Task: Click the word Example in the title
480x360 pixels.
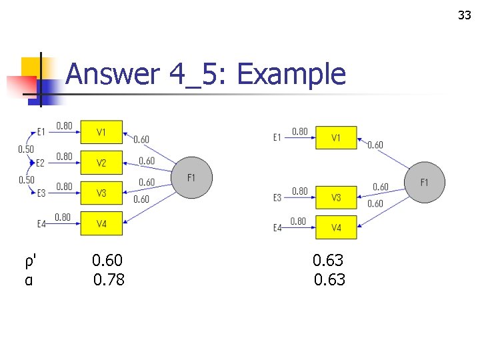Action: [291, 75]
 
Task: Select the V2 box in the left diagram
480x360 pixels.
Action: [101, 163]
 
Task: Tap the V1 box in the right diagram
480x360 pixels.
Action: [336, 138]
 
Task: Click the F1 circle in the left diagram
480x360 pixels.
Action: [192, 178]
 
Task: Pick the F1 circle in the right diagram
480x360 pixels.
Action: [425, 182]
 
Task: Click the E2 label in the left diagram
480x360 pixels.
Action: [40, 163]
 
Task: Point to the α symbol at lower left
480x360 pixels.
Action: [28, 280]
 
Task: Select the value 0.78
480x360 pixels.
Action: [109, 280]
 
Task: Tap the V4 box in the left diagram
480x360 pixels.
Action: [101, 224]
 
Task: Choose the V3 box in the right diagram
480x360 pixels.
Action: [336, 197]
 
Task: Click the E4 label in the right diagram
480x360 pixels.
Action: [278, 228]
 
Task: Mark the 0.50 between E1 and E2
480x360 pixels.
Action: [25, 149]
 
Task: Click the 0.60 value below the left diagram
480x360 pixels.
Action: [107, 260]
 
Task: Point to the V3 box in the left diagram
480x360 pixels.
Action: [101, 193]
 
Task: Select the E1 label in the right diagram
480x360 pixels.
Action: [277, 138]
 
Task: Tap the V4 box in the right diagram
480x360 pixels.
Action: [336, 228]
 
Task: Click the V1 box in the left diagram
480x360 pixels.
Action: [101, 132]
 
